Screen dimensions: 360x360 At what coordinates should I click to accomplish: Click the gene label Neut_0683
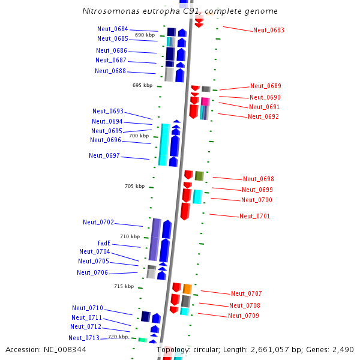tap(269, 30)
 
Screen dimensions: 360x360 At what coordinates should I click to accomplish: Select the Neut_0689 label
tap(266, 86)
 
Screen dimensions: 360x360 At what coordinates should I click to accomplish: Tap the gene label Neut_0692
tap(263, 116)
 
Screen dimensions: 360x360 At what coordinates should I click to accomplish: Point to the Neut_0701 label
tap(255, 216)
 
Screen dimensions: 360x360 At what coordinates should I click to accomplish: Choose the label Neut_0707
tap(247, 293)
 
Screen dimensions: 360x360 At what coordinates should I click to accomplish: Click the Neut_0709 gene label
tap(244, 316)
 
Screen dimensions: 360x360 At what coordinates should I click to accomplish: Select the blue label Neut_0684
tap(113, 29)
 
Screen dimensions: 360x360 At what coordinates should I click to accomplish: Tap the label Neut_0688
tap(110, 71)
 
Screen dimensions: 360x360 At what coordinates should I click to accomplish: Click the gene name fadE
tap(104, 243)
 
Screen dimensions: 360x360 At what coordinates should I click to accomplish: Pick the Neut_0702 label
tap(98, 222)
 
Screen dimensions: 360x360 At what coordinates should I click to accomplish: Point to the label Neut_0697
tap(104, 155)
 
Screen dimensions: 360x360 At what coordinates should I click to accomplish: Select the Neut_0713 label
tap(84, 338)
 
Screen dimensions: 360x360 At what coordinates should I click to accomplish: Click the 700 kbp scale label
tap(139, 136)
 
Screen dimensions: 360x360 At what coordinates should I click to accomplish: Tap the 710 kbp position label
tap(130, 236)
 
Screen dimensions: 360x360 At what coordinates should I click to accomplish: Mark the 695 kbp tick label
tap(142, 85)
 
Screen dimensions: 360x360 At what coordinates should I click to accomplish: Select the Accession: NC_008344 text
tap(46, 349)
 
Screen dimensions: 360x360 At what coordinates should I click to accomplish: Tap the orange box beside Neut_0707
tap(187, 289)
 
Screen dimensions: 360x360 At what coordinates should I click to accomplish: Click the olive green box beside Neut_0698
tap(199, 176)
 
